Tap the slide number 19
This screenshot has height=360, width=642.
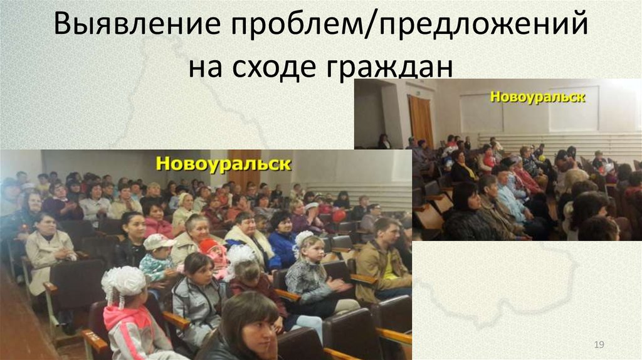coord(599,344)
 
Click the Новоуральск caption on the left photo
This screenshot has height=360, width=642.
coord(223,164)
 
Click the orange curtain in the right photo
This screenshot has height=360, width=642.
coord(421,121)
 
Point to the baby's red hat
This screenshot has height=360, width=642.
coord(208,245)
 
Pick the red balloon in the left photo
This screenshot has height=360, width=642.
coord(339,215)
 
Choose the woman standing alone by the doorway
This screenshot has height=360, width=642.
coord(384,142)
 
